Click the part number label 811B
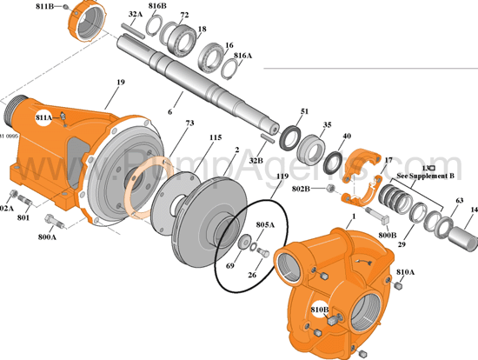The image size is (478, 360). (x=43, y=6)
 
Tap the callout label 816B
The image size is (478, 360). (x=157, y=6)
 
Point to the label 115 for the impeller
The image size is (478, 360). (x=216, y=137)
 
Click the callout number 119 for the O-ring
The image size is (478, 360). (x=281, y=177)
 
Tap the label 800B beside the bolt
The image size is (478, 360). (x=388, y=234)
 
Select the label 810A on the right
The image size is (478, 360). (x=405, y=271)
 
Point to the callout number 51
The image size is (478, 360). (x=304, y=111)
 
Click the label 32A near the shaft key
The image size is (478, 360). (x=136, y=15)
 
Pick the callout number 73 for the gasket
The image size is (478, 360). (x=189, y=124)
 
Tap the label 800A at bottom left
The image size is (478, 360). (x=47, y=236)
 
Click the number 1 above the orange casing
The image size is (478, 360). (x=354, y=214)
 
